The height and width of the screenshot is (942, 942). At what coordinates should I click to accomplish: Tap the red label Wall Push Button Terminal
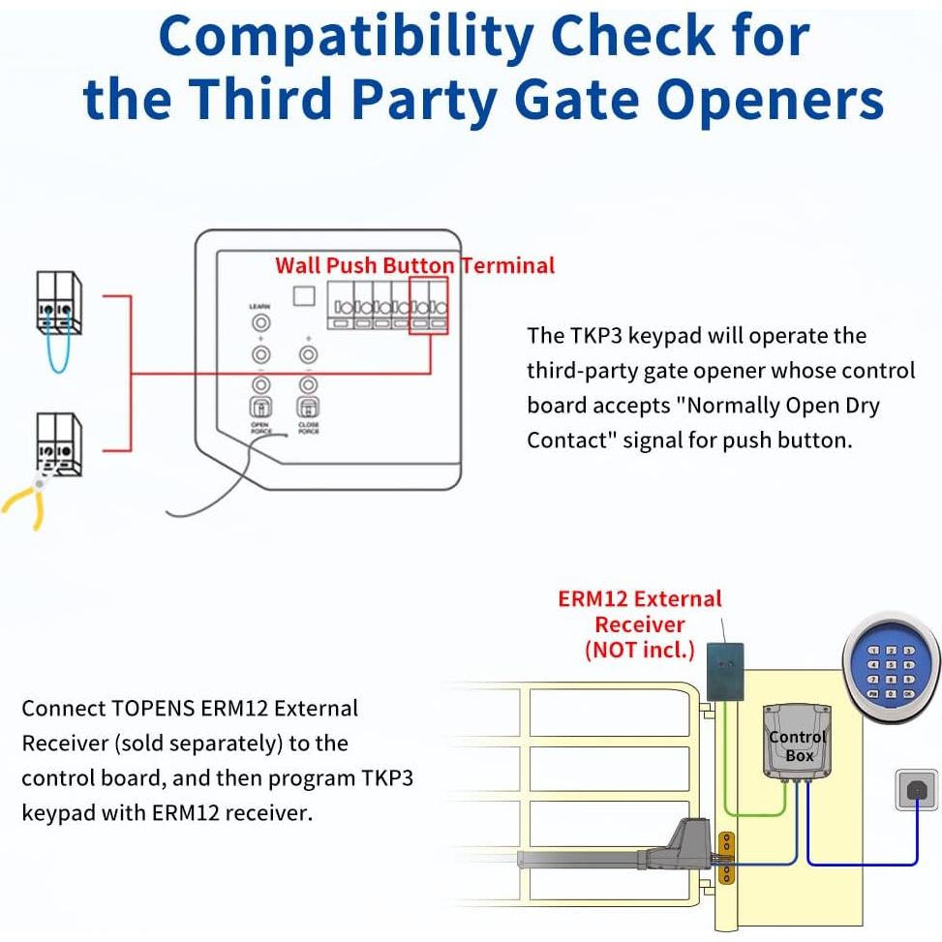coord(414,265)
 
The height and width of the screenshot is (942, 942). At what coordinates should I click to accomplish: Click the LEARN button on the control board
coord(259,320)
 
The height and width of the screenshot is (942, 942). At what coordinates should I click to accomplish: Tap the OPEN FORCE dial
coord(259,408)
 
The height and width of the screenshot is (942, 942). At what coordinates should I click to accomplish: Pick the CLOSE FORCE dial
coord(308,408)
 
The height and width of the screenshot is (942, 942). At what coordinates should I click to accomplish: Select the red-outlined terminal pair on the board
coord(429,306)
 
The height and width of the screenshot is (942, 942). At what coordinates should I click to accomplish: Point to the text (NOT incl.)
coord(640,649)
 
